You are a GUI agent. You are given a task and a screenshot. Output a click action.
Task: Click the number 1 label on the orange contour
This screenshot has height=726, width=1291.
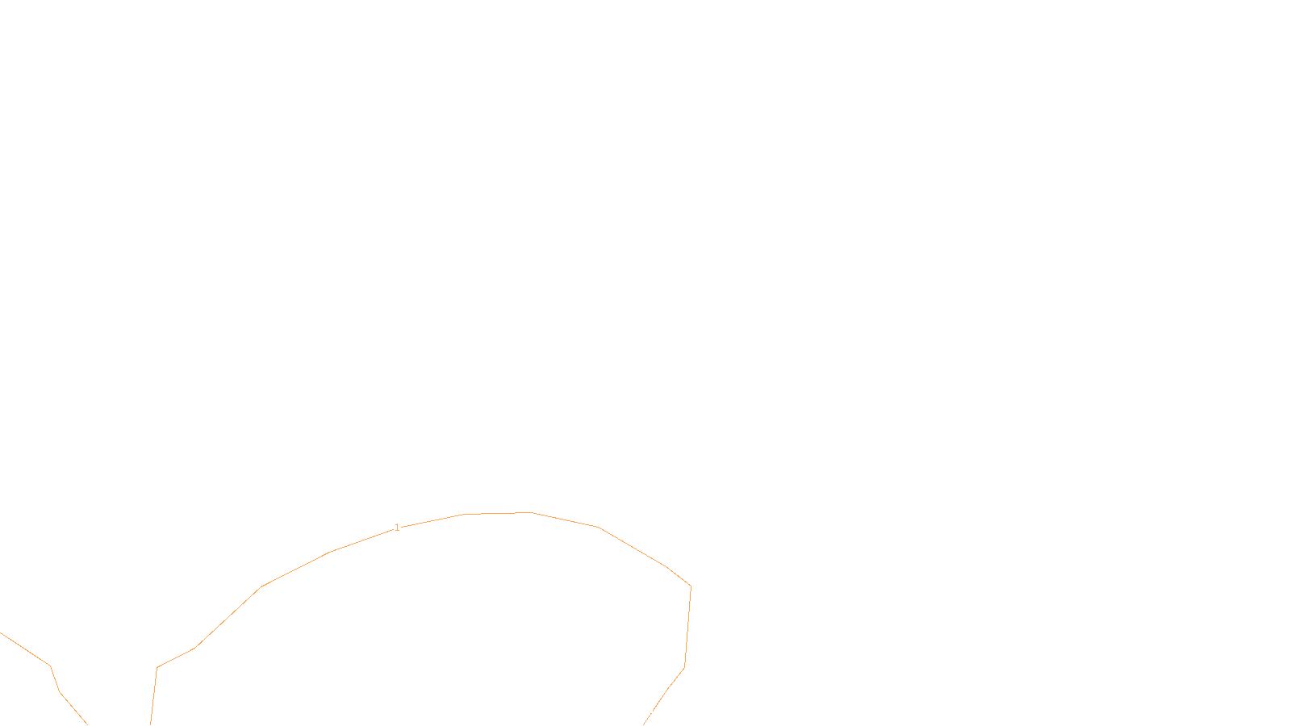[397, 528]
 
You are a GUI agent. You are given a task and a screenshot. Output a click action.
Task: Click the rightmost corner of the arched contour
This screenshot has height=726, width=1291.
[691, 586]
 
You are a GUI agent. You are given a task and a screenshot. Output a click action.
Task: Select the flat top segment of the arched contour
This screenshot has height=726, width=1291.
[497, 513]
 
